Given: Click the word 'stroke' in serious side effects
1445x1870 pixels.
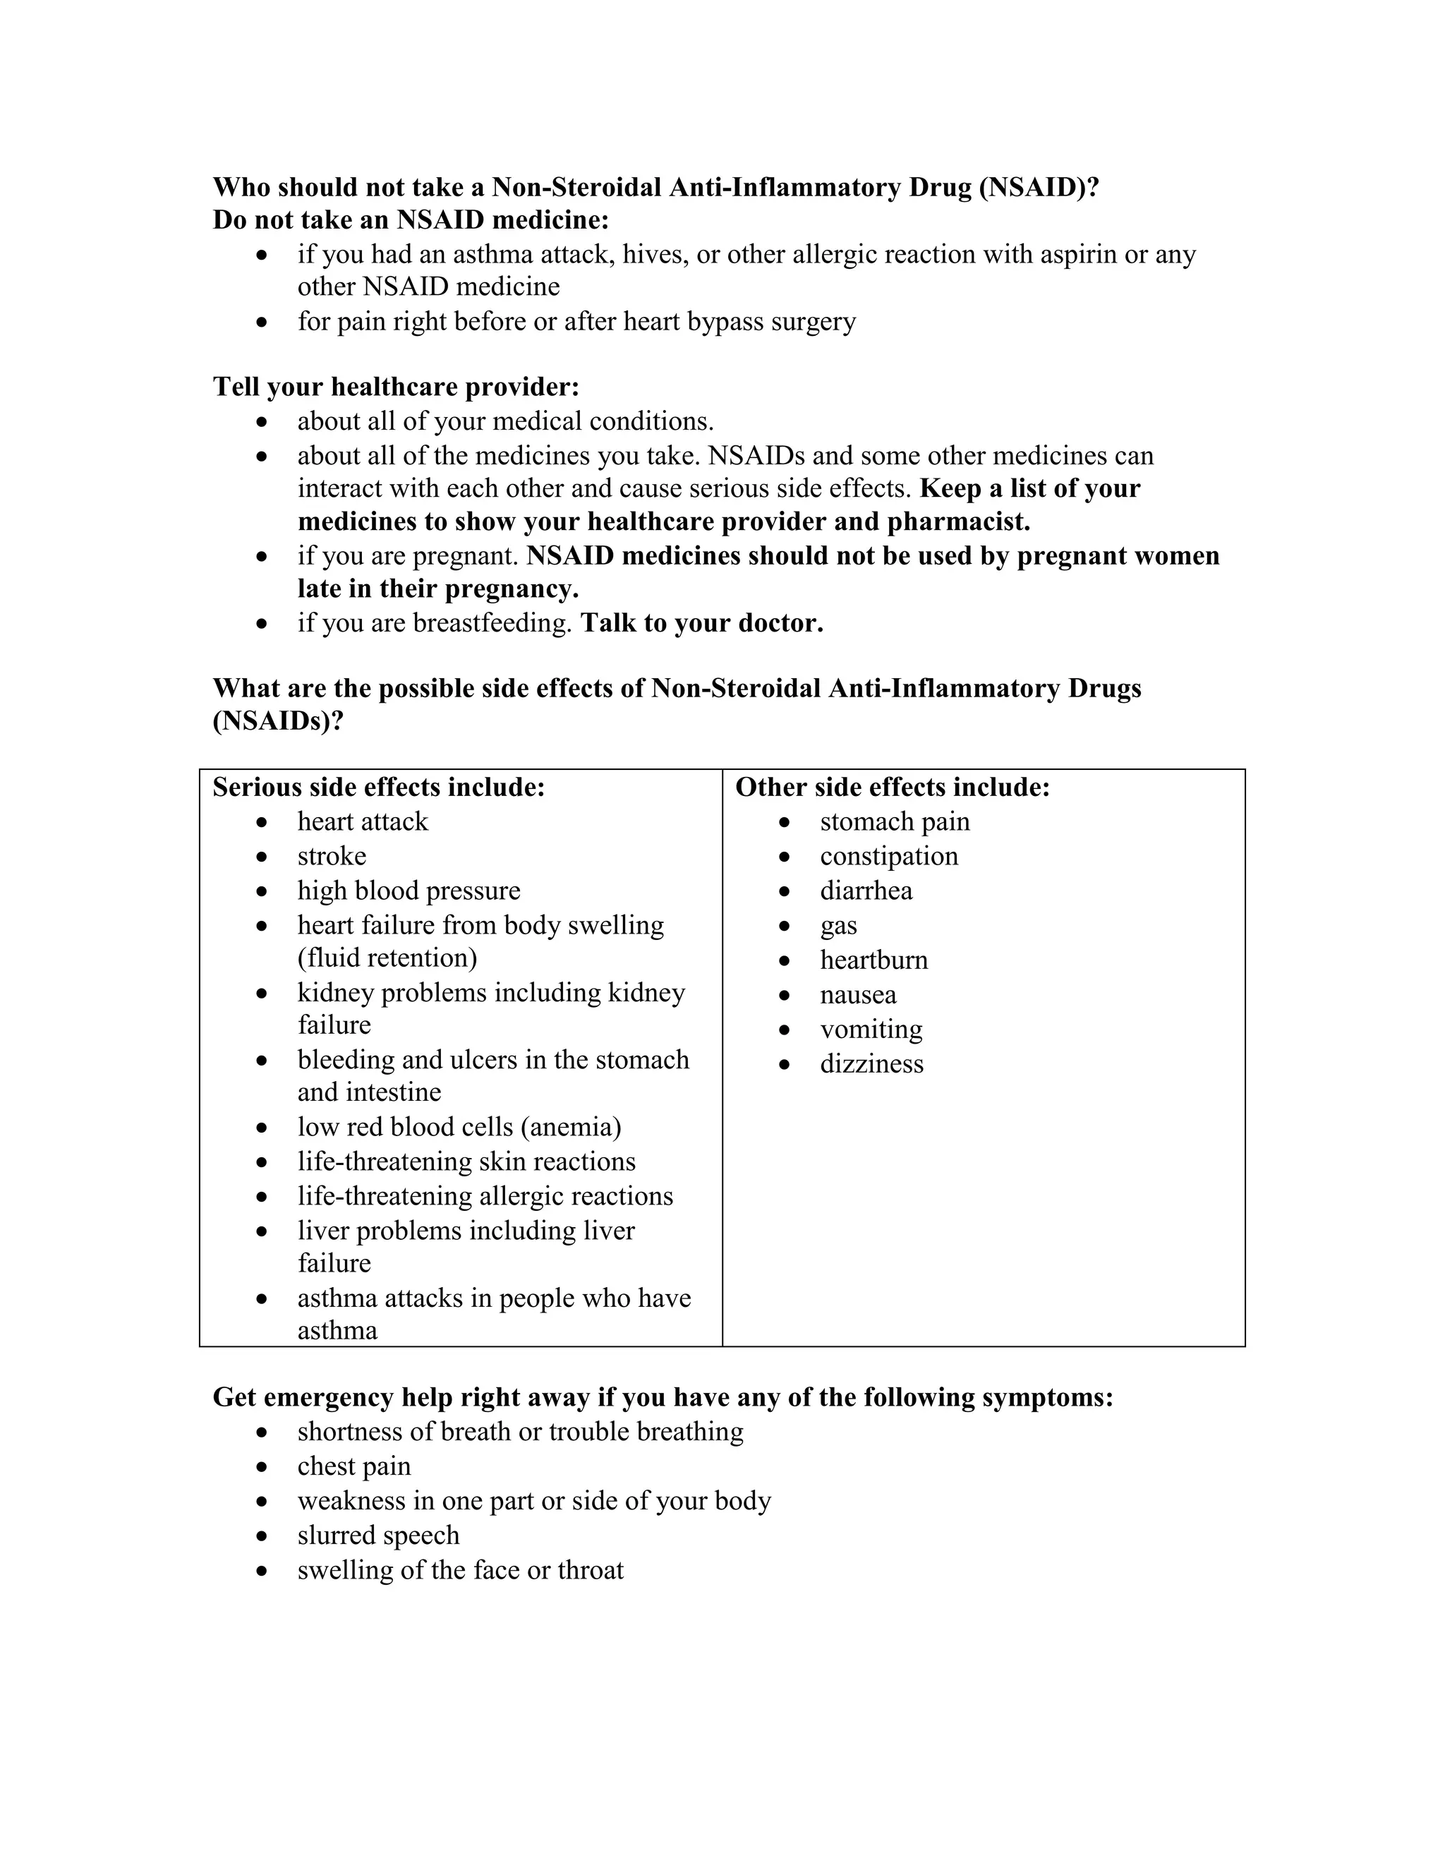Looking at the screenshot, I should [x=332, y=855].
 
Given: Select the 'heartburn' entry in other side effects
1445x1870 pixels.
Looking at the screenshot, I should [x=873, y=959].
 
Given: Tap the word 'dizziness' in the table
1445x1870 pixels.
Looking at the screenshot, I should [x=871, y=1063].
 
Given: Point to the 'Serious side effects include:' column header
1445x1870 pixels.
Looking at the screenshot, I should [x=378, y=787].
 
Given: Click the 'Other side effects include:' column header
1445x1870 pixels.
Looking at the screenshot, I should [x=892, y=787].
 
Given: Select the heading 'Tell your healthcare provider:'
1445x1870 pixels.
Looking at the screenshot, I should [x=396, y=387].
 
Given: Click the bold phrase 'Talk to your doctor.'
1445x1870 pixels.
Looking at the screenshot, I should [x=701, y=623].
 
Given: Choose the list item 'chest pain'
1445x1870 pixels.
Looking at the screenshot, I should [x=353, y=1466].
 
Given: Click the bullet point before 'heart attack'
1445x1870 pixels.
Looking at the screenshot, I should [x=262, y=823].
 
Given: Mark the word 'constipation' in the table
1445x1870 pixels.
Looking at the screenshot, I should [x=888, y=855].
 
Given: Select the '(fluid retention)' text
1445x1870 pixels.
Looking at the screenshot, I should [x=387, y=958].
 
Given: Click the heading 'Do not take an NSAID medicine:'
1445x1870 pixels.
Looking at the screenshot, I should [x=411, y=220].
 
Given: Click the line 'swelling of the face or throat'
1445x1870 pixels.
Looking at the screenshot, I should [x=461, y=1569].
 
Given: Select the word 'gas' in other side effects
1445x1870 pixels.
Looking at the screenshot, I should [x=838, y=926].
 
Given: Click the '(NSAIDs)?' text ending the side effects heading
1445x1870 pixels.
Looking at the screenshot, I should [x=278, y=721].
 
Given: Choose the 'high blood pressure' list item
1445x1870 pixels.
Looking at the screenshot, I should [x=409, y=891].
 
